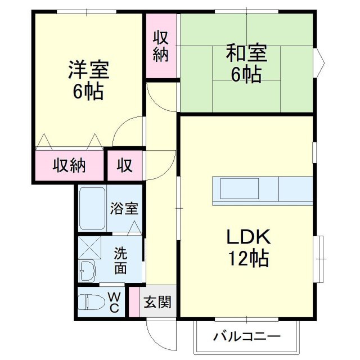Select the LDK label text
(x=248, y=236)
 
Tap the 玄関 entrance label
(x=157, y=302)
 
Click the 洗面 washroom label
(x=121, y=259)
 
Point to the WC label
(x=113, y=302)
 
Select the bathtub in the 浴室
(x=91, y=208)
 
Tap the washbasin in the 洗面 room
(x=87, y=272)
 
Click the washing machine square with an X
(x=89, y=246)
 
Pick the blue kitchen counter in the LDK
(x=262, y=190)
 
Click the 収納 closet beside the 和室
(x=161, y=46)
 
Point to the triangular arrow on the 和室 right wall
(x=319, y=59)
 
